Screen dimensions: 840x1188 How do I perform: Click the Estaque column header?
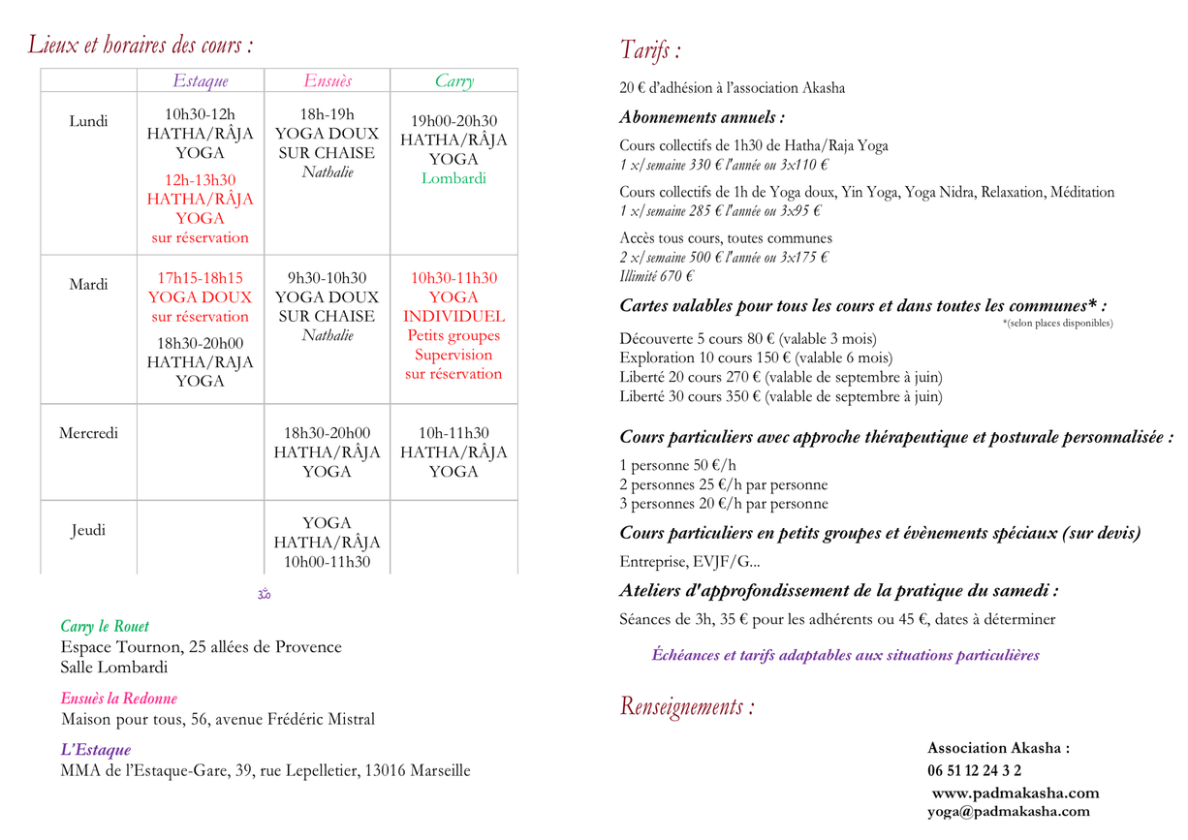coord(201,81)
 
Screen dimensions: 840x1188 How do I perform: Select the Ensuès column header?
coord(328,81)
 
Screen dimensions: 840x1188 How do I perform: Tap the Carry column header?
coord(453,81)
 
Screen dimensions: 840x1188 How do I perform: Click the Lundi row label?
coord(88,121)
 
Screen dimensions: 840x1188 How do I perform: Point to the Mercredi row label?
coord(88,433)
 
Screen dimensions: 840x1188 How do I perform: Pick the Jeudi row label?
coord(88,530)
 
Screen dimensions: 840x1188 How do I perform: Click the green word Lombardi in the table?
coord(453,178)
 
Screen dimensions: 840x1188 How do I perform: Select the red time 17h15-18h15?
coord(200,278)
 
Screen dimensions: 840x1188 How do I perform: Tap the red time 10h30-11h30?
coord(453,278)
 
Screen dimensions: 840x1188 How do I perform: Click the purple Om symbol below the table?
coord(264,594)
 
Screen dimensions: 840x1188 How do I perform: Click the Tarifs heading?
coord(650,50)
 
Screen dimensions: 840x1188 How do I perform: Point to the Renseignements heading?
coord(687,706)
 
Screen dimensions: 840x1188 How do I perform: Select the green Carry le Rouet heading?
coord(105,627)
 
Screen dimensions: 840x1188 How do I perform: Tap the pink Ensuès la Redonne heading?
coord(118,699)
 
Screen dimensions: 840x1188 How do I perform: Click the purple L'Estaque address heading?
coord(95,750)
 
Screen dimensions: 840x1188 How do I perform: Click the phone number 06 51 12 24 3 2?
coord(974,771)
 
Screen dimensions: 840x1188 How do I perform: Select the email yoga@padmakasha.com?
coord(1008,812)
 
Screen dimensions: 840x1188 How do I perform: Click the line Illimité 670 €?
coord(656,276)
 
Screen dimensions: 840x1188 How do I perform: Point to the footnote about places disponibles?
coord(1057,323)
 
